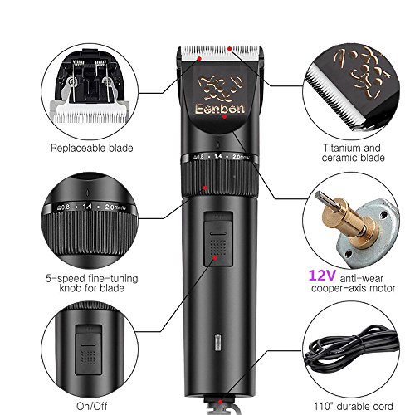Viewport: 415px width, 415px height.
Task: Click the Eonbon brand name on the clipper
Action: coord(220,109)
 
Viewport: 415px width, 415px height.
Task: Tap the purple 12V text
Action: coord(322,276)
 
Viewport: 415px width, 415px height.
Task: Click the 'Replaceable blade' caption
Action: coord(92,148)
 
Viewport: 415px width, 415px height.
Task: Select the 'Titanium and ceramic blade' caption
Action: coord(353,153)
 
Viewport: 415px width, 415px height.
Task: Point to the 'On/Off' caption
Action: coord(92,406)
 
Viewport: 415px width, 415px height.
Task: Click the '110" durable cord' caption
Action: coord(354,406)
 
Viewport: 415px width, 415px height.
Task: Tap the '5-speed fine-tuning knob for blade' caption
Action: coord(92,283)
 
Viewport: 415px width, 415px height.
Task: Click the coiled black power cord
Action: coord(351,351)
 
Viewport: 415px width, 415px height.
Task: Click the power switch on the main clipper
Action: coord(218,239)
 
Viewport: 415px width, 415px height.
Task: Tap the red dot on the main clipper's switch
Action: coord(215,258)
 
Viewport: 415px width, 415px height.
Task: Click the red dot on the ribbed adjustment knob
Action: coord(205,188)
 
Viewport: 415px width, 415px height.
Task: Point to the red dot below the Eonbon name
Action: coord(224,117)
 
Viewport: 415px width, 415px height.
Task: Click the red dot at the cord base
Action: coord(220,402)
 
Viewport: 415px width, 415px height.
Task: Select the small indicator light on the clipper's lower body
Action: coord(218,342)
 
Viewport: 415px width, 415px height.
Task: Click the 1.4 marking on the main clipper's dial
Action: coord(217,156)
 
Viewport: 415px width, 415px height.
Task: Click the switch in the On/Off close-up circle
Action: coord(89,350)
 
